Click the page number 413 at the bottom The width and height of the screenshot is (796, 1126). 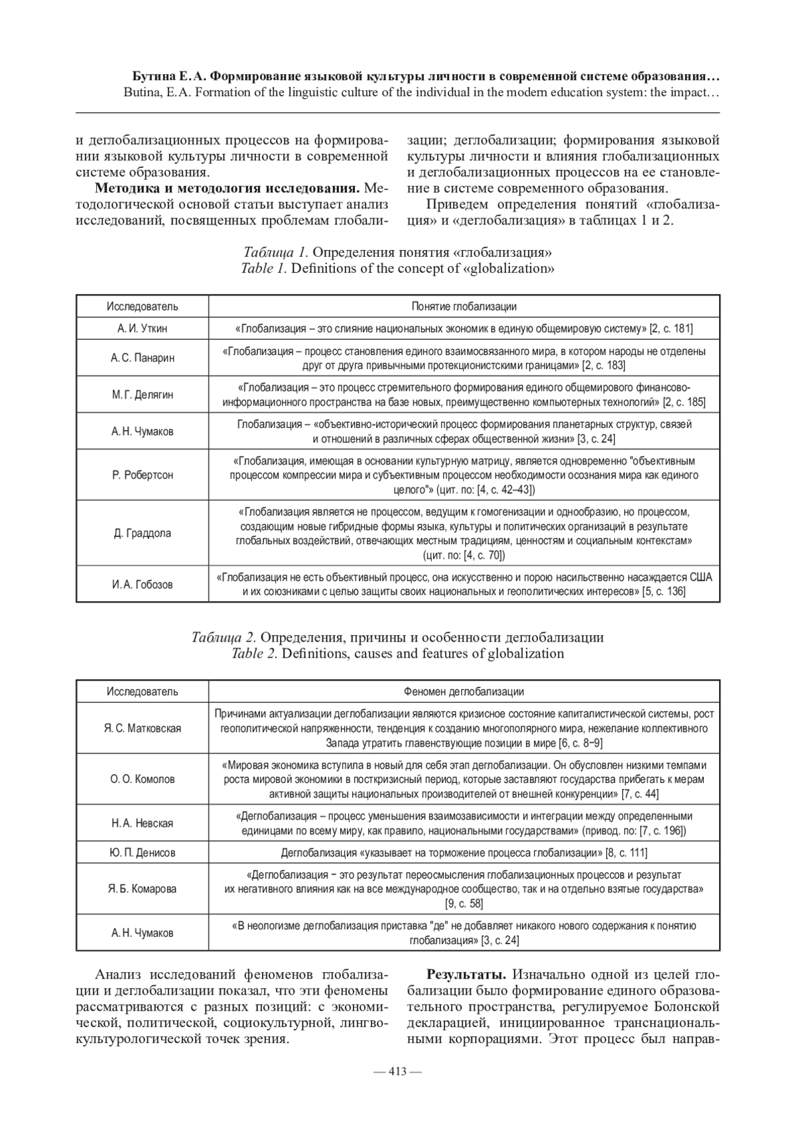tap(397, 1071)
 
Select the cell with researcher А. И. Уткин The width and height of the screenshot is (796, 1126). tap(142, 328)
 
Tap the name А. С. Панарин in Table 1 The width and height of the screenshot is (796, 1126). tap(142, 358)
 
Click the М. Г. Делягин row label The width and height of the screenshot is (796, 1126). tap(142, 395)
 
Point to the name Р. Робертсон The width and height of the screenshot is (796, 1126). tap(142, 475)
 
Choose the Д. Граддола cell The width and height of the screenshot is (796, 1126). tap(142, 533)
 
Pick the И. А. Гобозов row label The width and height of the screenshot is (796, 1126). tap(142, 585)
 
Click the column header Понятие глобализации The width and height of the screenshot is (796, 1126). tap(464, 307)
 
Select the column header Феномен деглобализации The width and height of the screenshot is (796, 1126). tap(464, 691)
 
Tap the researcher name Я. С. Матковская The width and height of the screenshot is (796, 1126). tap(142, 729)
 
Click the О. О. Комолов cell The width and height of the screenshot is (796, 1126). tap(142, 779)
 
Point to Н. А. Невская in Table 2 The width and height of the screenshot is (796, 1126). tap(142, 823)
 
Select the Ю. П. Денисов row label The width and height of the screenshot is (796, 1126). tap(142, 853)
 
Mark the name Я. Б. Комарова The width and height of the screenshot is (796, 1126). tap(142, 889)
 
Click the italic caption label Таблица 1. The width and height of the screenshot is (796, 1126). tap(276, 252)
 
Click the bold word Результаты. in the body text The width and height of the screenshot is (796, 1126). tap(467, 975)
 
